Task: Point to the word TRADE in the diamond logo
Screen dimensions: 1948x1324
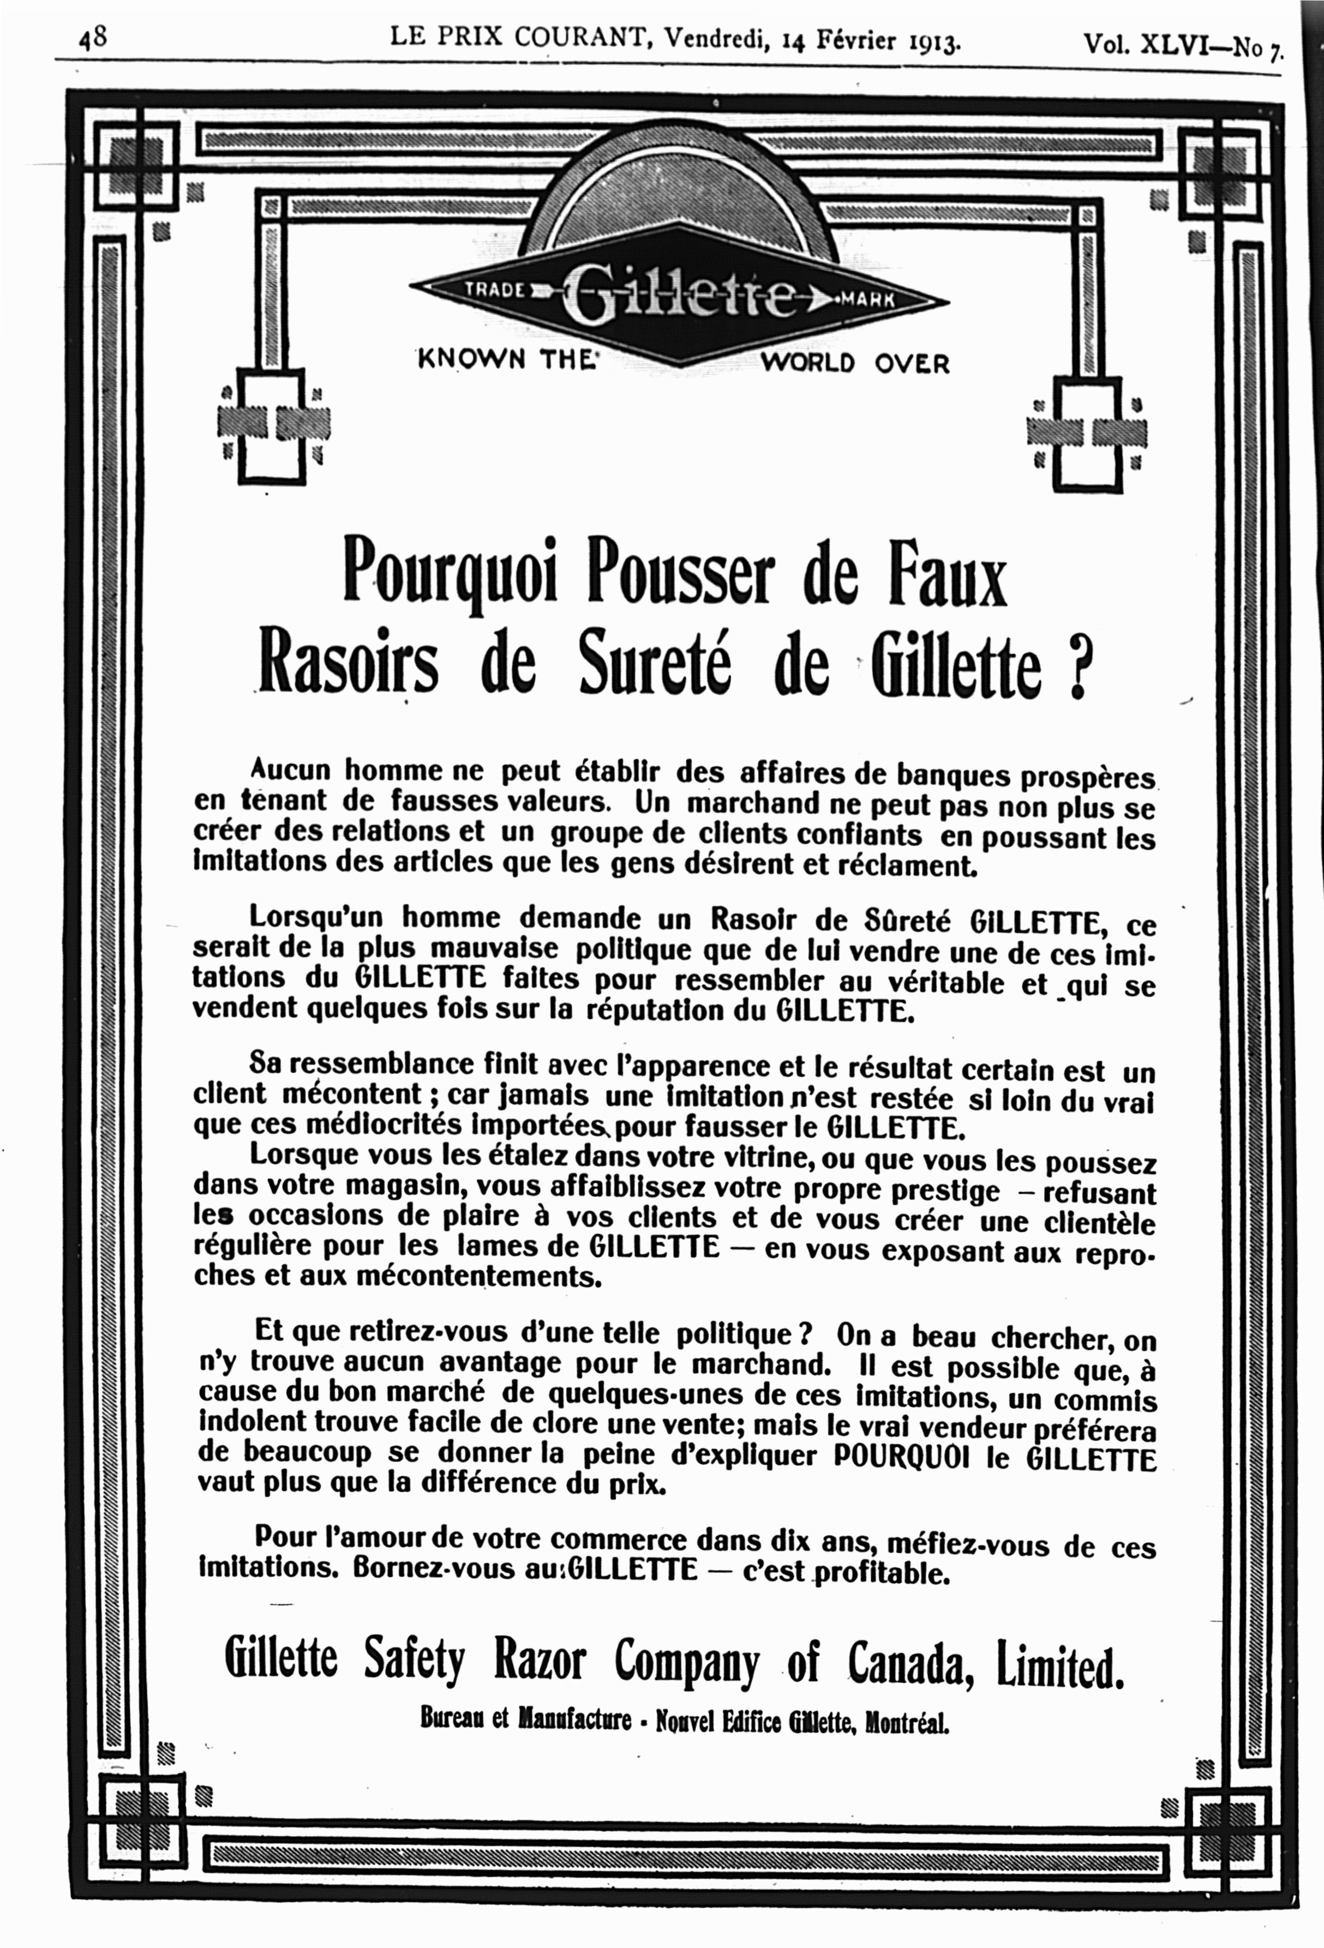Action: [495, 287]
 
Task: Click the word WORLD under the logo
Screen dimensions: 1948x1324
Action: [808, 363]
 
